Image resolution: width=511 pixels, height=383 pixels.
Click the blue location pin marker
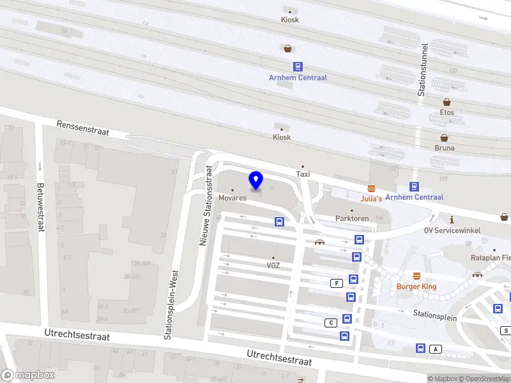point(256,181)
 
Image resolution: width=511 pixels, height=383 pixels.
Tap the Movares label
point(232,198)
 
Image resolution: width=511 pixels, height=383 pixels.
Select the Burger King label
point(416,287)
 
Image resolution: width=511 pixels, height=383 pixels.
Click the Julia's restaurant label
point(371,199)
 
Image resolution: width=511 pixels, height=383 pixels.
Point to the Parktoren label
point(352,218)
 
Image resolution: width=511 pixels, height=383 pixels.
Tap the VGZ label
point(273,266)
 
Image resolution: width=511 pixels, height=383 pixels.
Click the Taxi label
point(303,174)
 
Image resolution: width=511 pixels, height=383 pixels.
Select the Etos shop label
point(446,112)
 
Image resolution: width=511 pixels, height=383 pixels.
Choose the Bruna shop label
point(444,147)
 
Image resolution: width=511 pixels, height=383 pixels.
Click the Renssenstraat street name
point(82,128)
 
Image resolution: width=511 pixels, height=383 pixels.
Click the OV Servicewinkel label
point(455,230)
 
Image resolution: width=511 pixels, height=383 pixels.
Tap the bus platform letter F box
point(335,283)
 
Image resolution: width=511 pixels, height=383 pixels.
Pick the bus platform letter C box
point(330,322)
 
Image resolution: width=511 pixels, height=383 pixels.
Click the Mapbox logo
point(27,375)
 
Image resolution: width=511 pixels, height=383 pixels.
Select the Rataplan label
point(490,258)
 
